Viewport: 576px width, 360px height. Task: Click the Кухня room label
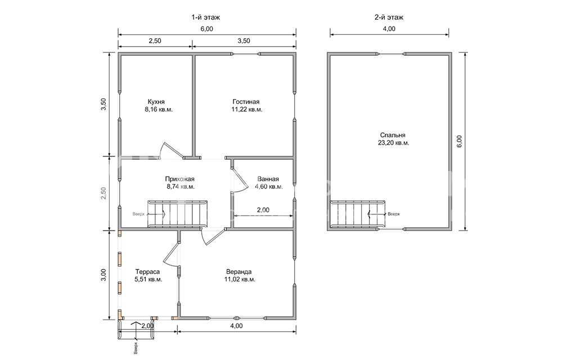pyautogui.click(x=156, y=102)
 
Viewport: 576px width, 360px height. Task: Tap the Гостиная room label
pyautogui.click(x=246, y=102)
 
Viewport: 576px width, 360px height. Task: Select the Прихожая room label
pyautogui.click(x=179, y=179)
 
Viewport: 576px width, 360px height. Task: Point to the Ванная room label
pyautogui.click(x=268, y=179)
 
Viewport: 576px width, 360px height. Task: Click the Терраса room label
pyautogui.click(x=147, y=272)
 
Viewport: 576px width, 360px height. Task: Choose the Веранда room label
pyautogui.click(x=238, y=272)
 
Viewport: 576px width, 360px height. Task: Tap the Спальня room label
pyautogui.click(x=393, y=135)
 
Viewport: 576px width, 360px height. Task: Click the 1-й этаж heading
pyautogui.click(x=206, y=17)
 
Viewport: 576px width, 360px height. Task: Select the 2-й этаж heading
pyautogui.click(x=389, y=17)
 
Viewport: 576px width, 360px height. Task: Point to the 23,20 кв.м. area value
pyautogui.click(x=393, y=143)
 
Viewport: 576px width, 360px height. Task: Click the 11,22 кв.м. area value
pyautogui.click(x=247, y=110)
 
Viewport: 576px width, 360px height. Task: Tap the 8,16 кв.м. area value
pyautogui.click(x=159, y=110)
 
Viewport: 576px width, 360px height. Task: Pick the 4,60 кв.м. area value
pyautogui.click(x=269, y=187)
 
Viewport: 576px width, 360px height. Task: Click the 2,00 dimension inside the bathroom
pyautogui.click(x=263, y=210)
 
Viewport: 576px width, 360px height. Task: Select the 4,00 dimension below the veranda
pyautogui.click(x=237, y=326)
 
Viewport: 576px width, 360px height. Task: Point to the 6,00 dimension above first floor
pyautogui.click(x=207, y=29)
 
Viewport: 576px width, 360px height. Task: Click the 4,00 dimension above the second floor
pyautogui.click(x=389, y=29)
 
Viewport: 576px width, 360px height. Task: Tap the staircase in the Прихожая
pyautogui.click(x=177, y=214)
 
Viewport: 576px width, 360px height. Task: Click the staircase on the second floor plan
pyautogui.click(x=357, y=214)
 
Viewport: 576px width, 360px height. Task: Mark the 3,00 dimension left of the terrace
pyautogui.click(x=103, y=274)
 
